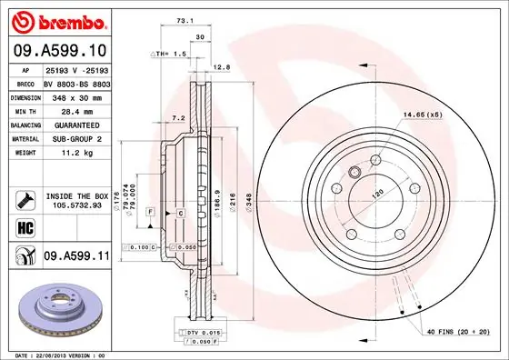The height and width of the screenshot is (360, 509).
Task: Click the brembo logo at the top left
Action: click(x=56, y=21)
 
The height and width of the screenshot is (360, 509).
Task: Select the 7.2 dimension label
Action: click(x=178, y=117)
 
